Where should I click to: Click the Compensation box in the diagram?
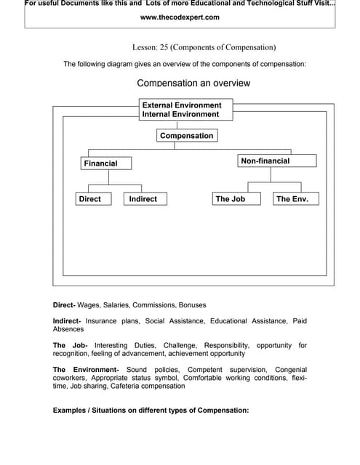tap(186, 136)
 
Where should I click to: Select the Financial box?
tap(108, 163)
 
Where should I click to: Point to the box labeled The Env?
tap(296, 198)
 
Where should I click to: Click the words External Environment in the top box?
tap(182, 105)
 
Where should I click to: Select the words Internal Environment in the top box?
tap(180, 114)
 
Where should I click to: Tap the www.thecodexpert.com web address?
tap(180, 17)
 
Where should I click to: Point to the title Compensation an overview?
tap(193, 83)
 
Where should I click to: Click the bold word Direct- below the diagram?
tap(68, 304)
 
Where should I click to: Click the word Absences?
tap(68, 329)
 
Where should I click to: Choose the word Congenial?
tap(289, 370)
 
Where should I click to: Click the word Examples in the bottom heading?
tap(71, 411)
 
